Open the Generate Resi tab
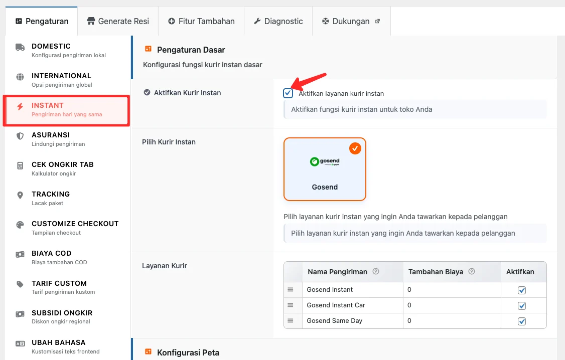118,21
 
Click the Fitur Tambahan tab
201,21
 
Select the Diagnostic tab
278,21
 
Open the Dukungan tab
351,21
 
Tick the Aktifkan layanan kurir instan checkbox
288,93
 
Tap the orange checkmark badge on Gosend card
355,148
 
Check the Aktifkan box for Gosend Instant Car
522,305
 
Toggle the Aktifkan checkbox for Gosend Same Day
522,321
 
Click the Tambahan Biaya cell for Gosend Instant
452,290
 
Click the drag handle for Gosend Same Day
290,320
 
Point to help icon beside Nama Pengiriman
376,272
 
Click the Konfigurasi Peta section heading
188,352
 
